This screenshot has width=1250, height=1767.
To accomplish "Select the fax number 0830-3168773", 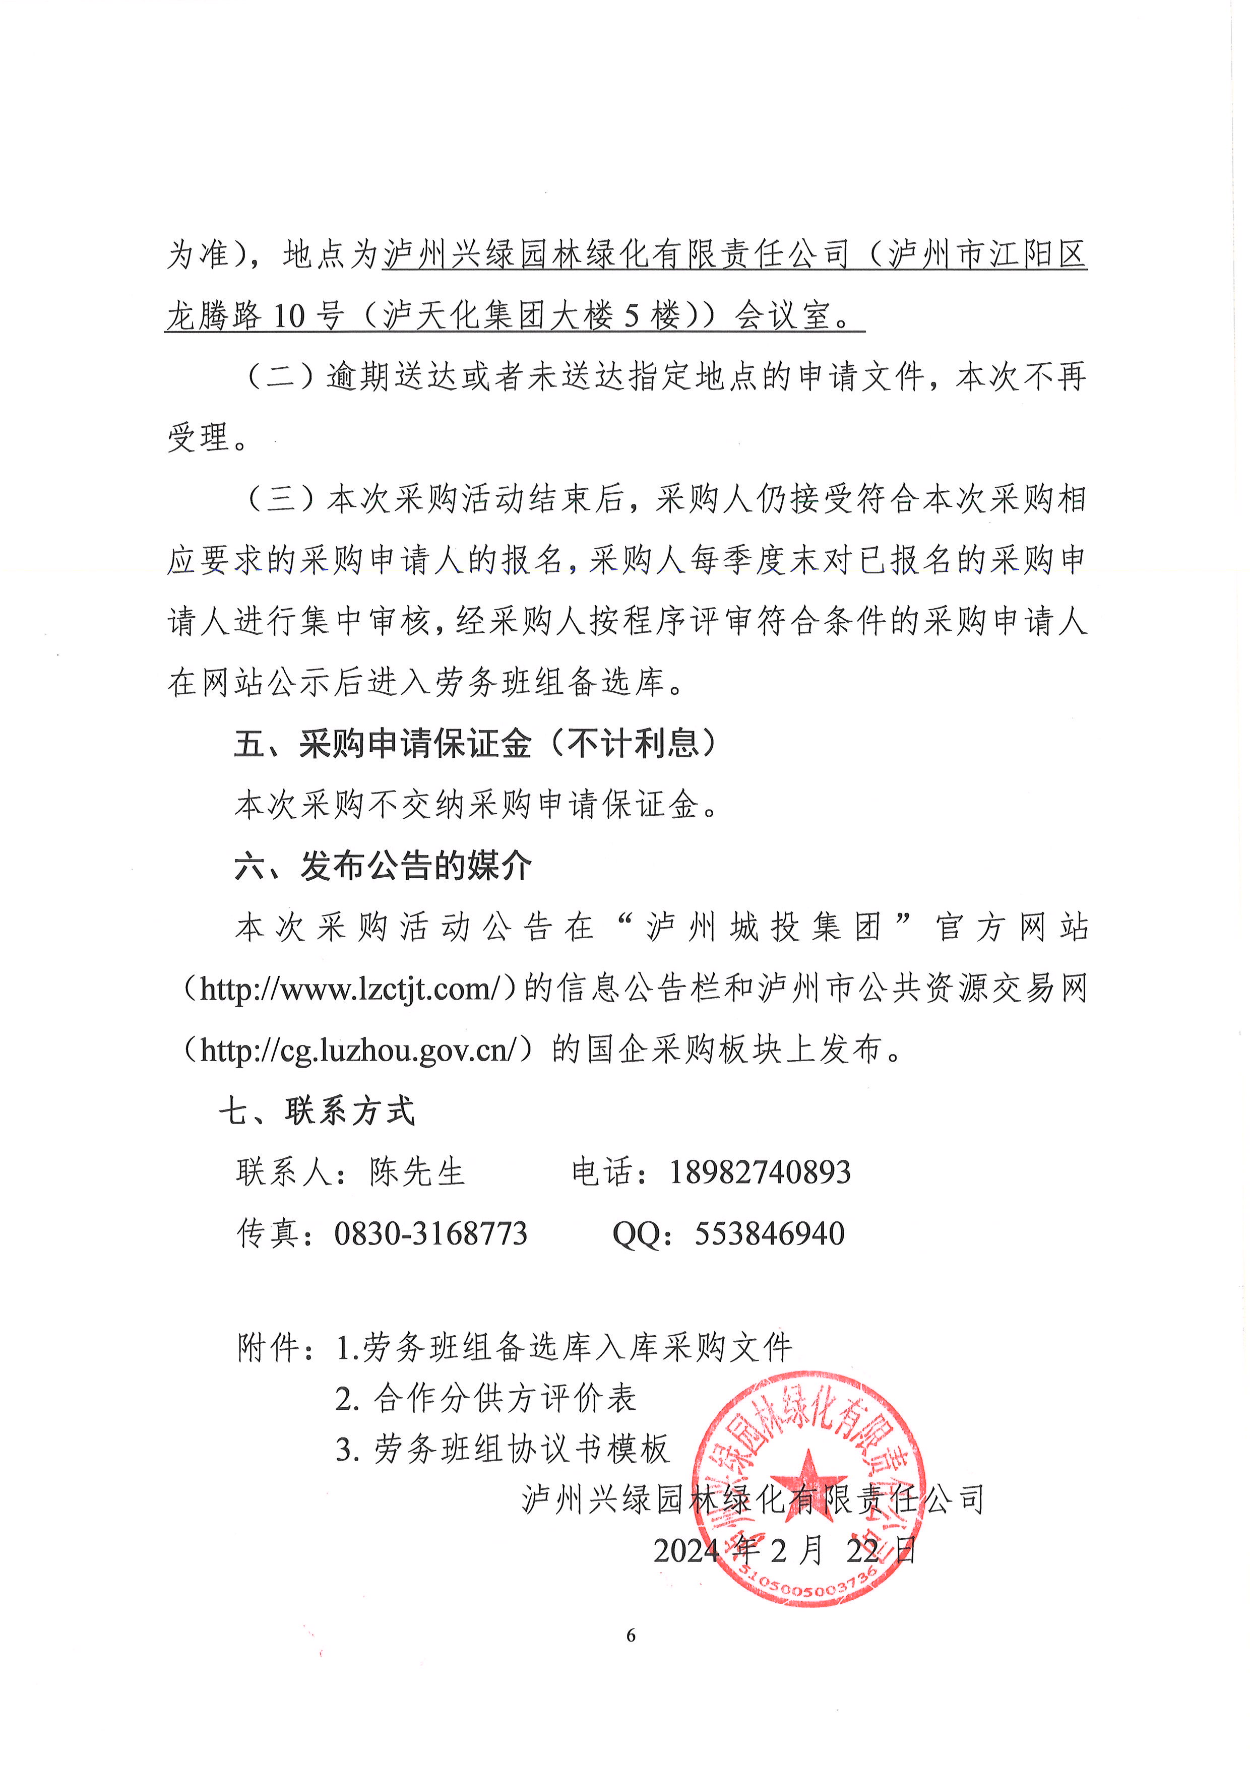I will (x=430, y=1233).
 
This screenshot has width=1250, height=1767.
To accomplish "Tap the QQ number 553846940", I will (x=769, y=1233).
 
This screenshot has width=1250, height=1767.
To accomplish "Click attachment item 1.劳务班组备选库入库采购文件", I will (x=564, y=1347).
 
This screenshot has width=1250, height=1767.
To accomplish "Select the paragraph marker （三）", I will (x=280, y=499).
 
